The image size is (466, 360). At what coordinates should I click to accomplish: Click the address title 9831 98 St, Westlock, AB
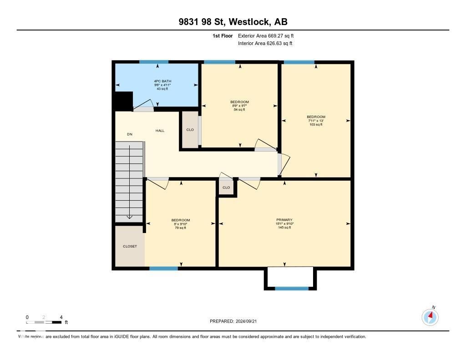(x=233, y=22)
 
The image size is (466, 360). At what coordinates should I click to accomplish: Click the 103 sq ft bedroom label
(x=316, y=121)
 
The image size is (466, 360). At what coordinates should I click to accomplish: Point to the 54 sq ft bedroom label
(x=239, y=106)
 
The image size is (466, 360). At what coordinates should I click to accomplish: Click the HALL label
(x=160, y=131)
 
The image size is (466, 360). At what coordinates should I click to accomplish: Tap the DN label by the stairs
(x=130, y=134)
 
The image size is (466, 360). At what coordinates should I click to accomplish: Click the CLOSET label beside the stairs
(x=130, y=246)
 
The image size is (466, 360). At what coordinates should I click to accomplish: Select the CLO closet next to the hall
(x=190, y=130)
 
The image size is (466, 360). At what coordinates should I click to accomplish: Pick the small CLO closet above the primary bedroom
(x=226, y=188)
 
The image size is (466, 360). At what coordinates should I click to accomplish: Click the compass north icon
(x=430, y=316)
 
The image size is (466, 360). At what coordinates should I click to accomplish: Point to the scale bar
(x=44, y=322)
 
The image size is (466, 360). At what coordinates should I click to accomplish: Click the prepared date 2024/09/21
(x=236, y=321)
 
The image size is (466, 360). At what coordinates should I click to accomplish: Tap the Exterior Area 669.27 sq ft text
(x=269, y=35)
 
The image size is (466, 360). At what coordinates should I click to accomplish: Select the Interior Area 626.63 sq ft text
(x=265, y=44)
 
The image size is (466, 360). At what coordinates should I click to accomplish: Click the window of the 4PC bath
(x=154, y=62)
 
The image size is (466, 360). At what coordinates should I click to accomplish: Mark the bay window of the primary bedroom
(x=292, y=288)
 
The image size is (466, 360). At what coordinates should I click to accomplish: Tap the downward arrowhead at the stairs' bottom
(x=130, y=217)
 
